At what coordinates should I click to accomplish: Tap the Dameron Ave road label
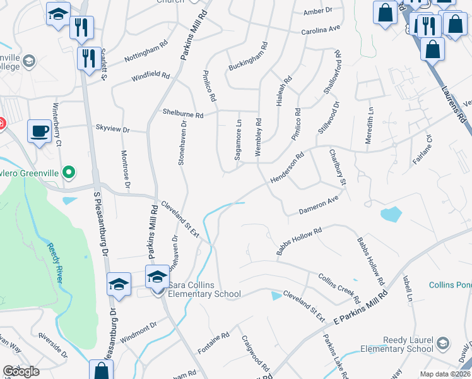click(319, 205)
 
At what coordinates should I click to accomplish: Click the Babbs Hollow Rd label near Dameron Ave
click(299, 241)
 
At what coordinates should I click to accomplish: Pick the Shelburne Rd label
click(183, 115)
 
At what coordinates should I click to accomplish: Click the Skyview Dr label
click(112, 129)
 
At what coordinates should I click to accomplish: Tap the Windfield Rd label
click(151, 77)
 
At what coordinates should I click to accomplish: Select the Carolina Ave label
click(321, 30)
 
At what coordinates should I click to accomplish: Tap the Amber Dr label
click(317, 11)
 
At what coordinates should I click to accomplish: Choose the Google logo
click(21, 371)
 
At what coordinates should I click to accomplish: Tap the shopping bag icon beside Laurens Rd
click(432, 49)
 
